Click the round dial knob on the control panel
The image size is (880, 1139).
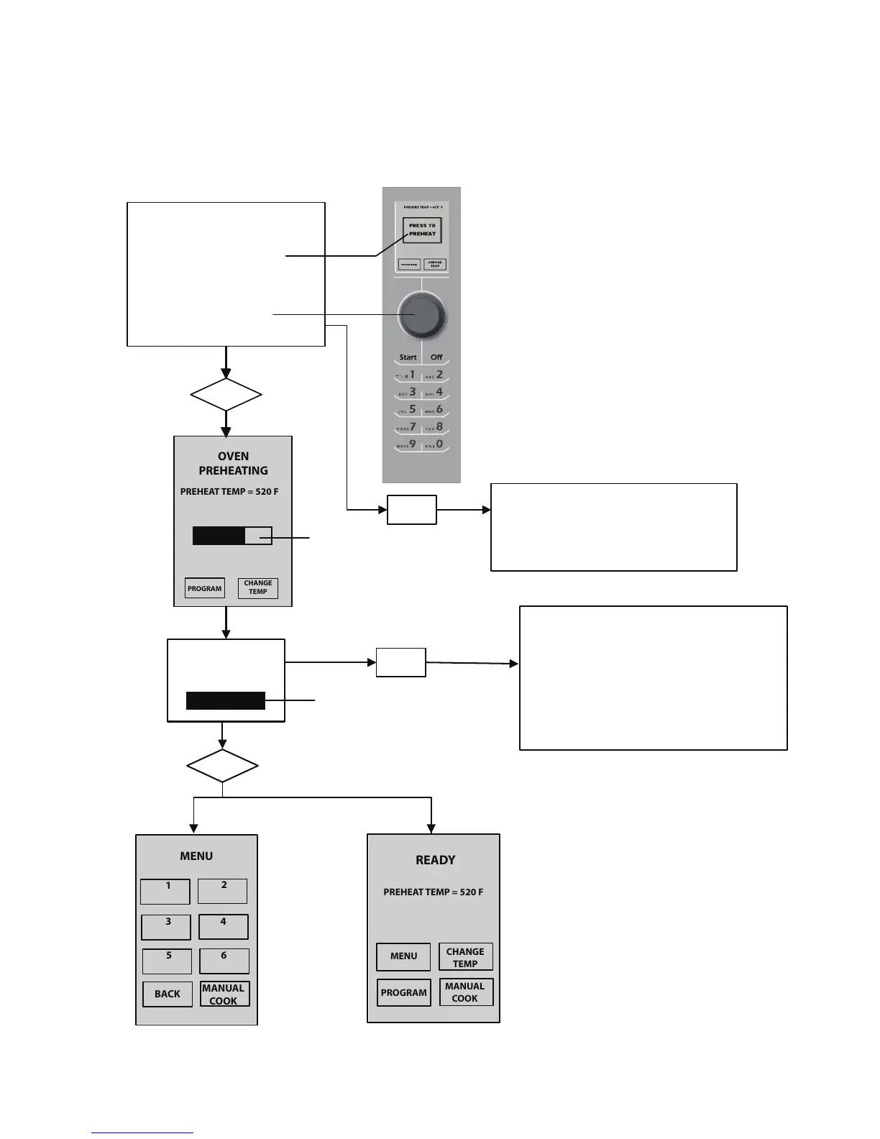422,315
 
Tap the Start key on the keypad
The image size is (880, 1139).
408,357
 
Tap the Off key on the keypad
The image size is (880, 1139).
436,357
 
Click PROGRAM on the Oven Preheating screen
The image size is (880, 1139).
205,588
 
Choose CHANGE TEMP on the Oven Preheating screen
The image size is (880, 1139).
257,587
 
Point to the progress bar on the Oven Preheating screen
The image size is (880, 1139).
232,536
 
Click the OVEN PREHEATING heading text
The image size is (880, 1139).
233,463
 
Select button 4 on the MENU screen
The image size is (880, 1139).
224,926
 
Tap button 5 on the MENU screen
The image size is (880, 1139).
168,961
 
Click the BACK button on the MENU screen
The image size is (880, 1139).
168,994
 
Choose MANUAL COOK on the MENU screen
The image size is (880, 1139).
224,994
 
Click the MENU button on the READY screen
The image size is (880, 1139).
403,956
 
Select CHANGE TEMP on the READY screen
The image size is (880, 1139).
465,957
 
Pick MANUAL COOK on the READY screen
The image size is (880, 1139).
465,992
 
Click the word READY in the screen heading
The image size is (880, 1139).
435,860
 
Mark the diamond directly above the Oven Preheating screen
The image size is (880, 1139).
226,395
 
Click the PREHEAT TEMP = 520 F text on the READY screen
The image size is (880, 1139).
433,892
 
